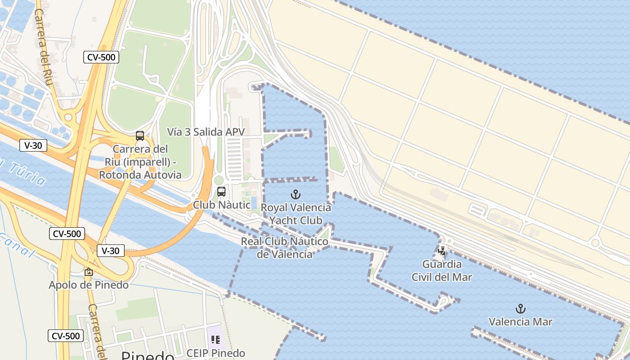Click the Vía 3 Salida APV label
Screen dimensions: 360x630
point(206,132)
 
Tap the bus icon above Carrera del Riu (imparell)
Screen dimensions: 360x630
point(140,136)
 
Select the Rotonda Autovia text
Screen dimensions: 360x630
point(140,175)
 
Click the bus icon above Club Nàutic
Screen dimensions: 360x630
point(221,192)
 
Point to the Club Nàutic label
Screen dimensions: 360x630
point(221,205)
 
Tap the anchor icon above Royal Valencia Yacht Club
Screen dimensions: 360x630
point(296,195)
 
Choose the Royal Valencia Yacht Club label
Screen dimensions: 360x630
point(296,214)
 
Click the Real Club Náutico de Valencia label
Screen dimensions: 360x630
point(285,248)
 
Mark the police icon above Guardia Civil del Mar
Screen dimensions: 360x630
point(442,251)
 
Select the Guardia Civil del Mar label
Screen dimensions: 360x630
point(442,270)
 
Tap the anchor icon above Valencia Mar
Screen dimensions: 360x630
point(520,309)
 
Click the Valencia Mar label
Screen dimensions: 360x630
point(520,322)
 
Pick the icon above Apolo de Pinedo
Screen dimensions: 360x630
point(89,272)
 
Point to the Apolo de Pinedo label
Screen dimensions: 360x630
point(89,285)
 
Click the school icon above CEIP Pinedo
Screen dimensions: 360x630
point(215,340)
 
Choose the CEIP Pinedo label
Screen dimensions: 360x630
point(216,353)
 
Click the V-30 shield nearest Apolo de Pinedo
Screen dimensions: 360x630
point(111,251)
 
